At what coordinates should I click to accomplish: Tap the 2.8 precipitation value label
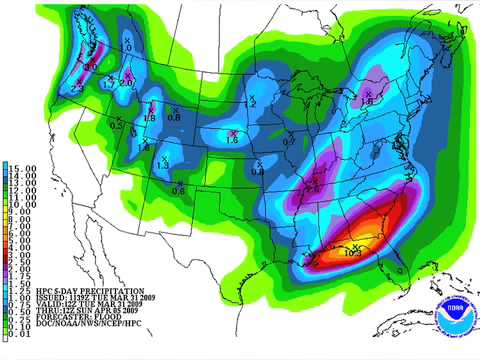(313, 187)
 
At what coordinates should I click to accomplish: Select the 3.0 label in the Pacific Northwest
(91, 66)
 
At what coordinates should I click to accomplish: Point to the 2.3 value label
(76, 89)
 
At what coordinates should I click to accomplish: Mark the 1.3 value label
(162, 164)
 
